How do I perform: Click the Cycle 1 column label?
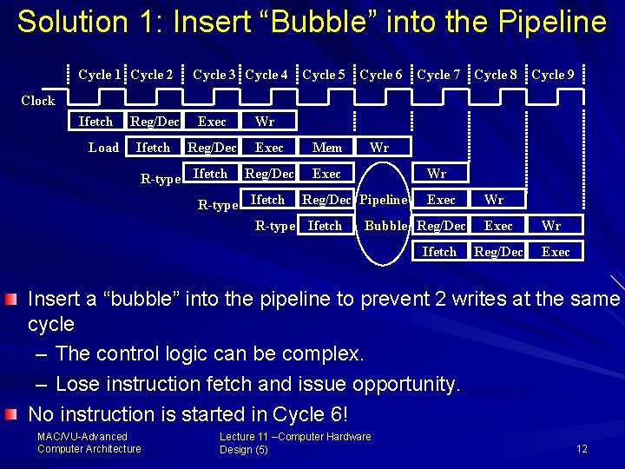coord(100,75)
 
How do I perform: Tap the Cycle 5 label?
coord(324,75)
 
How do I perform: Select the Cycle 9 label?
coord(553,75)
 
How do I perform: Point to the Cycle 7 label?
coord(438,75)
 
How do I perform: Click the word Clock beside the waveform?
coord(38,101)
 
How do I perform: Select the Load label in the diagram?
coord(104,148)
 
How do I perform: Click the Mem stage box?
coord(327,148)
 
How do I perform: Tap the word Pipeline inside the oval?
coord(384,200)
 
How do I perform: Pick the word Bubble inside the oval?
coord(386,226)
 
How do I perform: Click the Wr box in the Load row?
coord(379,148)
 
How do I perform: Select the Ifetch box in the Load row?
coord(153,148)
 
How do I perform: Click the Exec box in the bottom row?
coord(556,252)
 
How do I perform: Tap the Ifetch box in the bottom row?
coord(439,252)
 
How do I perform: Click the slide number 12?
coord(582,449)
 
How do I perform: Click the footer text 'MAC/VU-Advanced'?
coord(82,437)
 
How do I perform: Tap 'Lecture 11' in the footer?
coord(245,437)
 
